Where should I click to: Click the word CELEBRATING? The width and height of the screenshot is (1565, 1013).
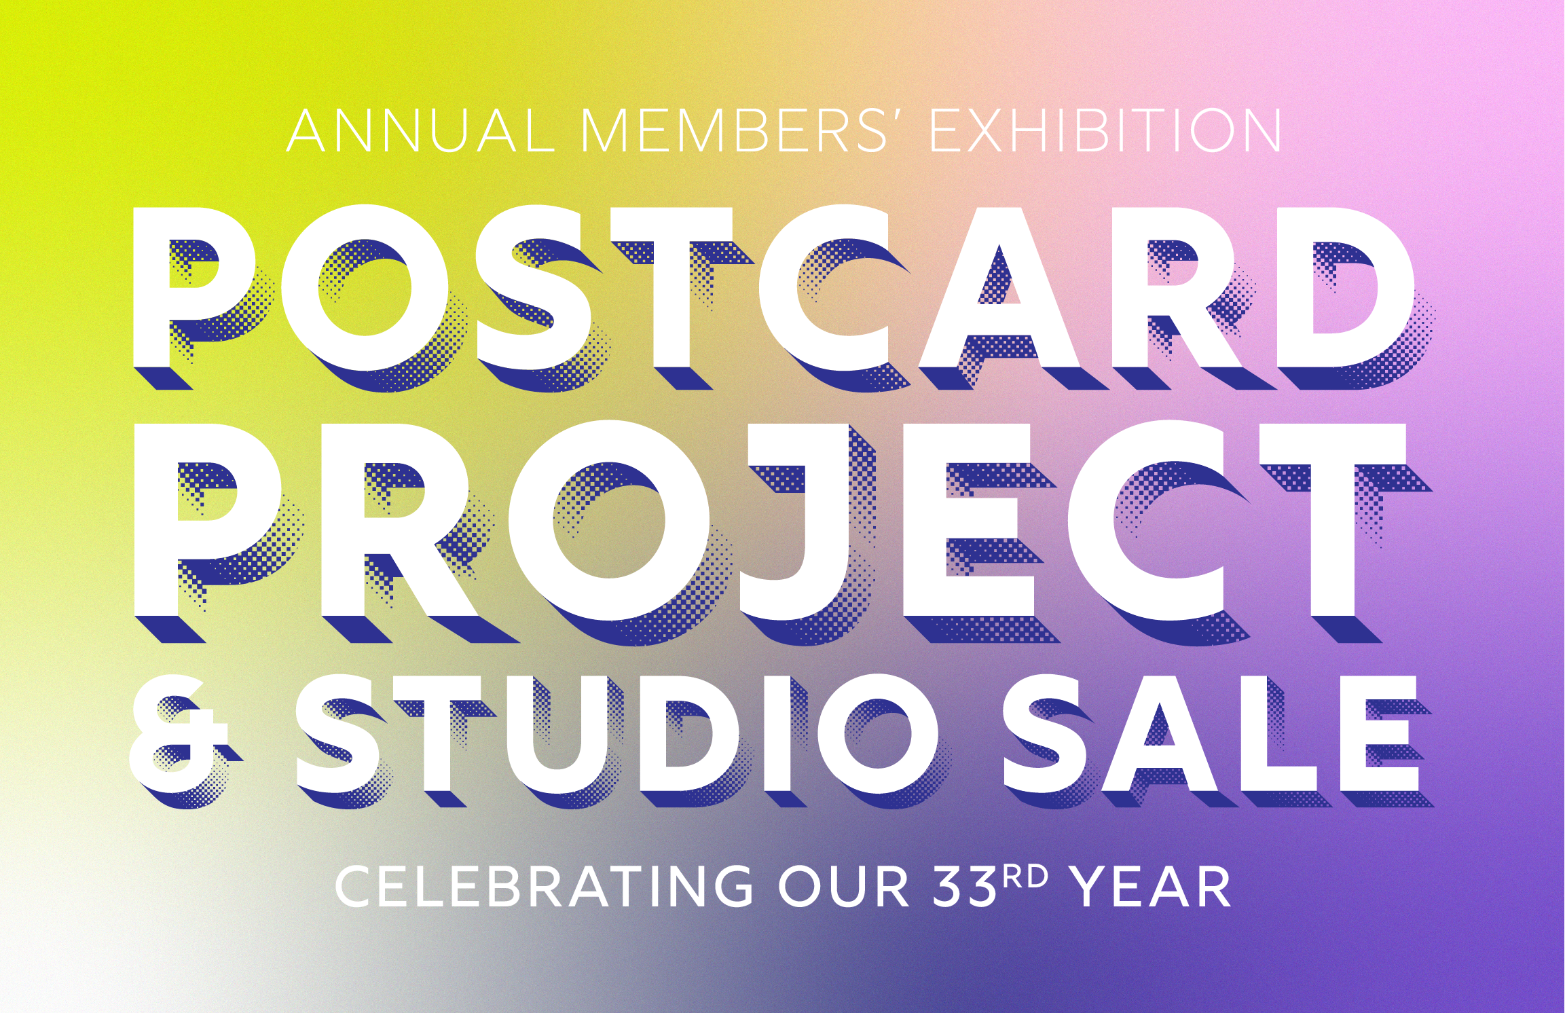point(543,887)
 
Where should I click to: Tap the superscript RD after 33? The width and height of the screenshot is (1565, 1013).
point(1026,877)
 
